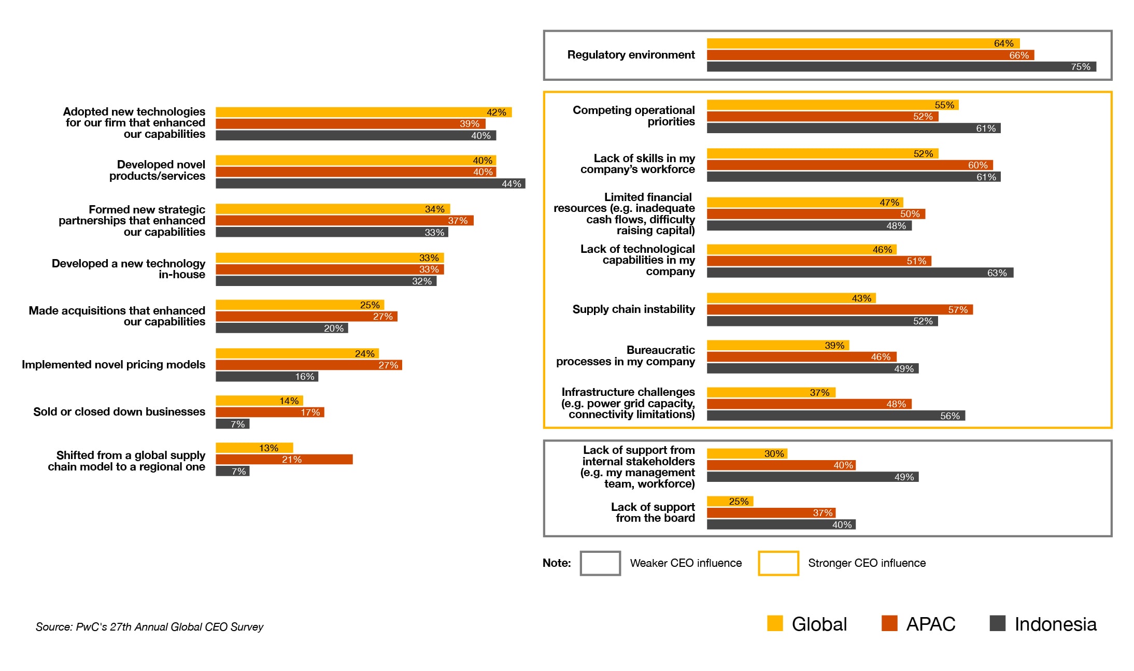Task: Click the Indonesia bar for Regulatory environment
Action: point(901,67)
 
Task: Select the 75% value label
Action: point(1081,67)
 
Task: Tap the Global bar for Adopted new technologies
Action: point(363,112)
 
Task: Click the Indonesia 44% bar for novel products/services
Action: point(370,184)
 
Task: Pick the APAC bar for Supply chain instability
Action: point(840,310)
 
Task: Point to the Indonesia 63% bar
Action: point(859,273)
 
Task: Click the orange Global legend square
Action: point(775,623)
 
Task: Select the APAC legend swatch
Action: point(889,623)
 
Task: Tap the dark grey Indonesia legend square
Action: point(998,623)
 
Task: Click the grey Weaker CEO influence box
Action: point(600,563)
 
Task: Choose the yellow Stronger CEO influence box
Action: point(778,563)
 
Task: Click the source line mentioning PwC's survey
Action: point(149,627)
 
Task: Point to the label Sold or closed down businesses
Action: point(119,412)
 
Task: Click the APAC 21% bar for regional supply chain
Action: point(284,460)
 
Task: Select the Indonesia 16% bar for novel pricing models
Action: point(266,377)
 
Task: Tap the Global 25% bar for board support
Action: point(730,502)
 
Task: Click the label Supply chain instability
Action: point(633,309)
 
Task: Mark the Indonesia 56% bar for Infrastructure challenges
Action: point(835,416)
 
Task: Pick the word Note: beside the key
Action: point(557,563)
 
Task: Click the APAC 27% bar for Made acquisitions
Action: point(306,317)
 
